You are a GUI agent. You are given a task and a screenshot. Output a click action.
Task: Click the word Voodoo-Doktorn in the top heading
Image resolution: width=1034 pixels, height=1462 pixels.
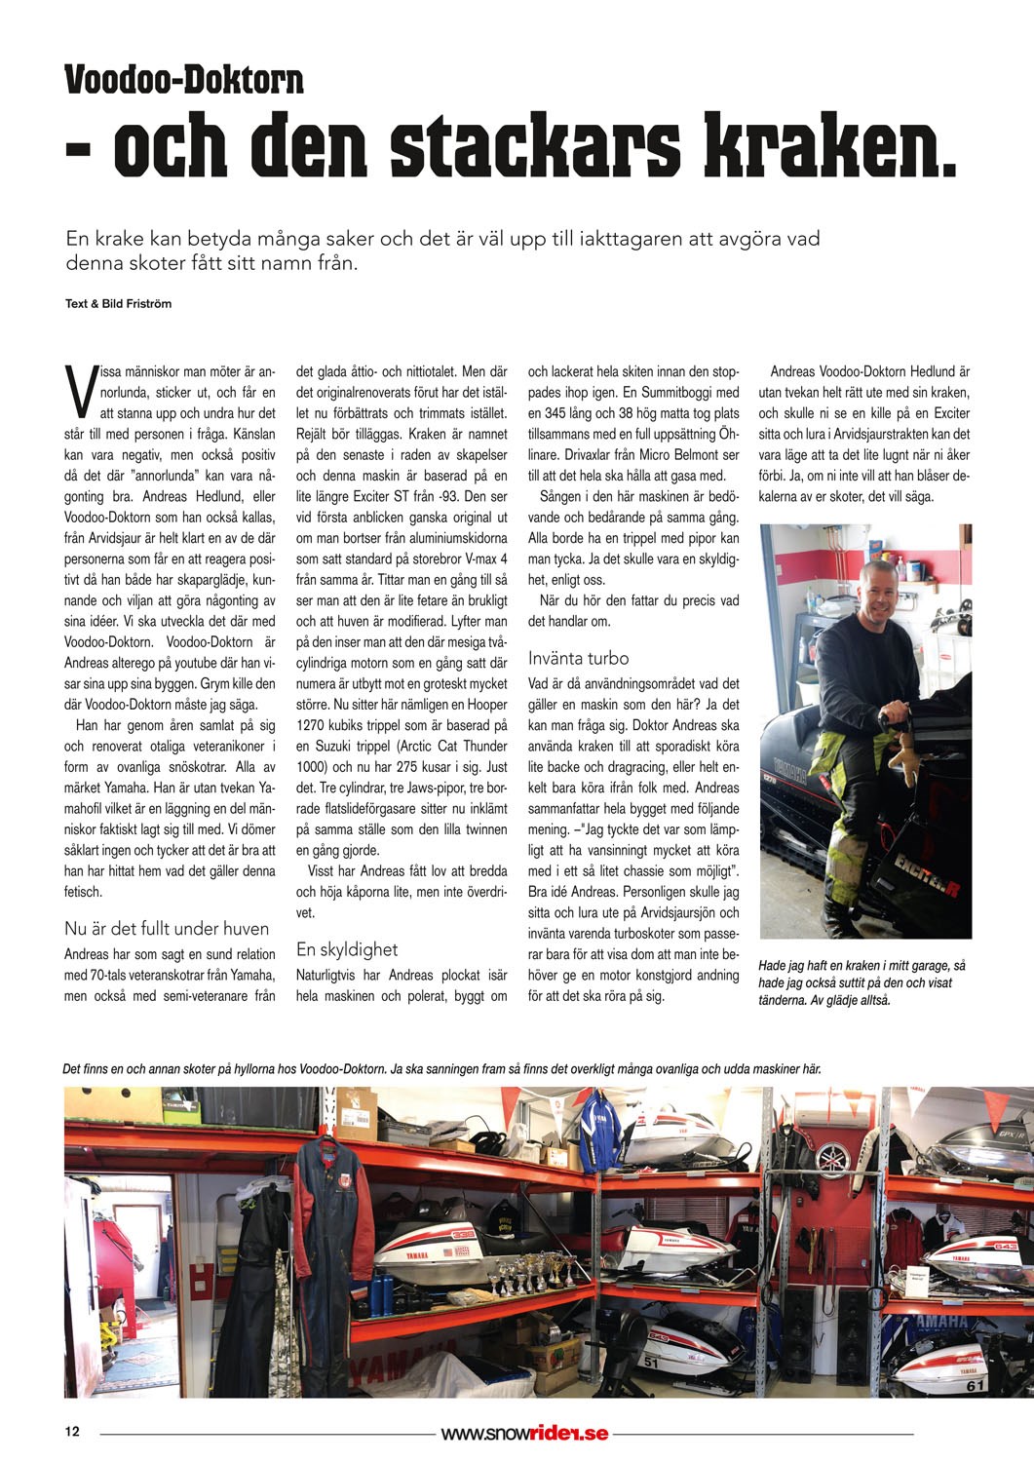click(x=184, y=79)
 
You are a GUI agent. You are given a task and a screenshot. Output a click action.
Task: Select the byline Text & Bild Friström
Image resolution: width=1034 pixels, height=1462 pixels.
click(x=118, y=303)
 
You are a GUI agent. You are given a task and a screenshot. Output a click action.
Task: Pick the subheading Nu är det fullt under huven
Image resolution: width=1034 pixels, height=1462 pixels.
click(x=167, y=928)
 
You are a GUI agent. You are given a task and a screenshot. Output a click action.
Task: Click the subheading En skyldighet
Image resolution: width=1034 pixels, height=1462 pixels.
click(x=346, y=948)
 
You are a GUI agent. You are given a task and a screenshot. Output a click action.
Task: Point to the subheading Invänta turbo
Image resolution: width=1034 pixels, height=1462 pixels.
click(x=578, y=658)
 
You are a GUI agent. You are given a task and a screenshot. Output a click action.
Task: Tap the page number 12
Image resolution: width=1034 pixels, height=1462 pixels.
click(x=72, y=1432)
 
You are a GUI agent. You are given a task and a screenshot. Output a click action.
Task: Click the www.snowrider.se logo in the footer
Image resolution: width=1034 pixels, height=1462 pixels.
click(x=524, y=1433)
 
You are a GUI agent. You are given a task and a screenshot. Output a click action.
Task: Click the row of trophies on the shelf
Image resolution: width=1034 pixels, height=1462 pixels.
click(x=523, y=1270)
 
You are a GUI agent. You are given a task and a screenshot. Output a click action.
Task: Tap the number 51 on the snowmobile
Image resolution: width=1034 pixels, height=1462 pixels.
click(x=651, y=1363)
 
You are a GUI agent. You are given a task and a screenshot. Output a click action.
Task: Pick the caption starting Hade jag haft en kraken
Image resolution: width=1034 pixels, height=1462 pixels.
click(x=862, y=981)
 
